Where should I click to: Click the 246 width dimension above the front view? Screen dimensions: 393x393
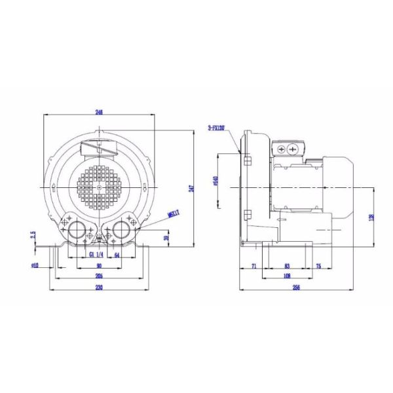(99, 112)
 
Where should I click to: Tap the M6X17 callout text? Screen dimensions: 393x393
(174, 213)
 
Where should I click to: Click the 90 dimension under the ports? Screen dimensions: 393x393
(99, 265)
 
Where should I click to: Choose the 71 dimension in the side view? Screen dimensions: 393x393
(253, 266)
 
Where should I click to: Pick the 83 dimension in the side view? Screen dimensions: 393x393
(288, 266)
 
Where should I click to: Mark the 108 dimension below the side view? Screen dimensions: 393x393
(288, 276)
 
